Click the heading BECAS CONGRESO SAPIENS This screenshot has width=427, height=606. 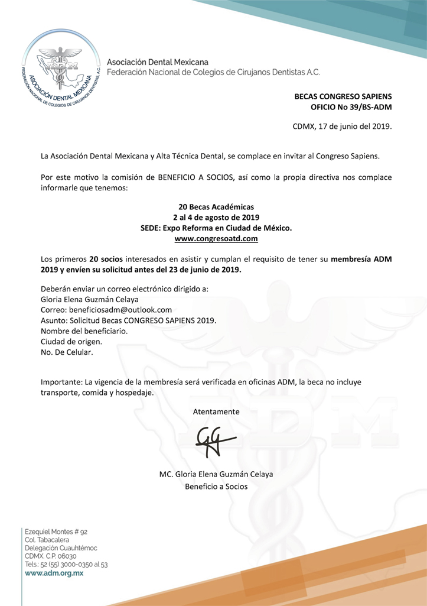[x=343, y=96]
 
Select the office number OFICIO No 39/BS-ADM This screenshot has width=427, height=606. [x=351, y=107]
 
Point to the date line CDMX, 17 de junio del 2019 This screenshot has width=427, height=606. [x=342, y=126]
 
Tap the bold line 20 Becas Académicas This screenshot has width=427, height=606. [x=216, y=207]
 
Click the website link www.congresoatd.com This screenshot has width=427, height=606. [x=216, y=239]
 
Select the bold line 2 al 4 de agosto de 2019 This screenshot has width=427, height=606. [x=216, y=218]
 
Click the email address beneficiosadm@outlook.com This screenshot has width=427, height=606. [x=120, y=309]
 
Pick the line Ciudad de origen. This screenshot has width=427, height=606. [x=71, y=341]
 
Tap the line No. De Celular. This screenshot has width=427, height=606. [x=67, y=352]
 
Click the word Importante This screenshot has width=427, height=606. [x=61, y=382]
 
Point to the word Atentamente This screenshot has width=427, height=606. [x=216, y=411]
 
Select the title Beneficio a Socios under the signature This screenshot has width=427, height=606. [x=216, y=487]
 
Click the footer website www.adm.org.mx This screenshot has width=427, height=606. [x=54, y=573]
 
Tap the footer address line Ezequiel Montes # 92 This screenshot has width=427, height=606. [x=56, y=532]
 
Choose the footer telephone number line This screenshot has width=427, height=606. [x=66, y=565]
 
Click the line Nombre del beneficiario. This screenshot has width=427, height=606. [x=84, y=330]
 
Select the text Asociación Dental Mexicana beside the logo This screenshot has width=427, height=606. [x=158, y=61]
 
